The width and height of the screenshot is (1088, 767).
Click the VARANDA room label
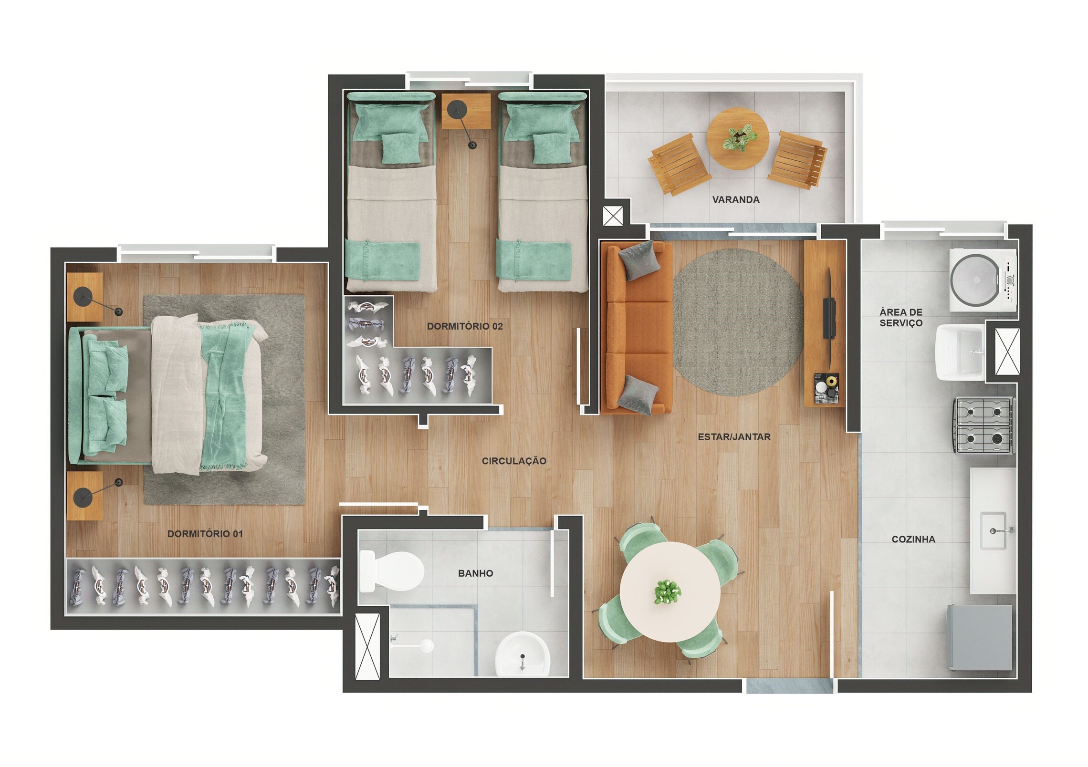click(736, 200)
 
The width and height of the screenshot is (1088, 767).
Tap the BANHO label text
click(475, 573)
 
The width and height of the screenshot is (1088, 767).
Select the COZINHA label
click(913, 539)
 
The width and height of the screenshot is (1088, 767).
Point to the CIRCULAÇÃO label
click(514, 461)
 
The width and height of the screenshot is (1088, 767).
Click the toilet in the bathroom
click(392, 571)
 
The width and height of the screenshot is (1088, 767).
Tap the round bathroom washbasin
click(523, 653)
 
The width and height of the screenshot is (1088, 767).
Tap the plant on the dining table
click(668, 592)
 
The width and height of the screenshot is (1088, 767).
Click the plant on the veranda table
click(739, 137)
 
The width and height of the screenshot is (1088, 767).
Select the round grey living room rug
click(738, 322)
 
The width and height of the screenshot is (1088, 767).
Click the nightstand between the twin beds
click(466, 111)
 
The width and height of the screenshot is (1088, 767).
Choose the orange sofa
click(637, 327)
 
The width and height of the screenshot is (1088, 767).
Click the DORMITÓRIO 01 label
click(205, 534)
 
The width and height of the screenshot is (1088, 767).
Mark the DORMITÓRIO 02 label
click(465, 326)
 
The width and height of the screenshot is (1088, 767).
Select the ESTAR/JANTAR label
click(734, 436)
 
